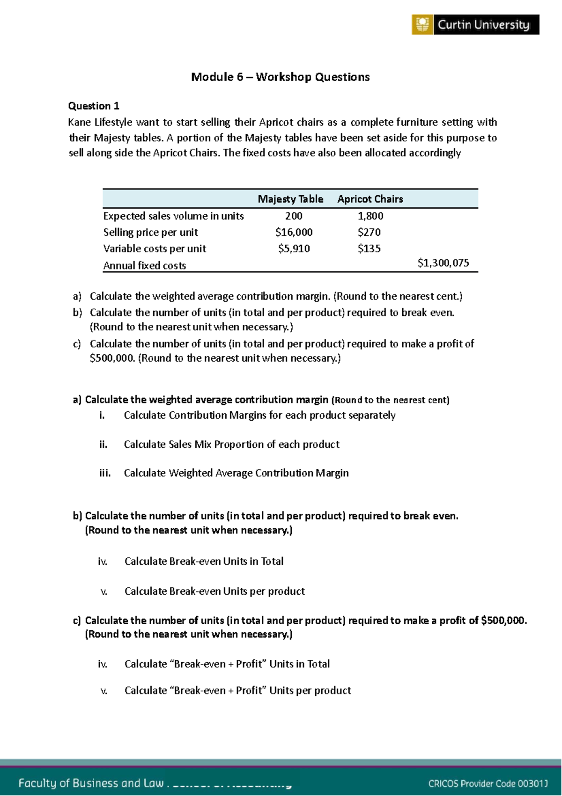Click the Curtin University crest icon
pos(422,24)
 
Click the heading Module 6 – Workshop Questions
pos(280,77)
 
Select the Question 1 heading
pos(94,106)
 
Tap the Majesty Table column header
pos(290,199)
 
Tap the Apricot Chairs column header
pos(370,199)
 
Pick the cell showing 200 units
pos(294,216)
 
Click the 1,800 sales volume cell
pos(370,216)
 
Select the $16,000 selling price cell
pos(294,232)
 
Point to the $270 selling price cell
pos(369,232)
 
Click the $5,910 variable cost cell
pos(294,248)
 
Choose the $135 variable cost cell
pos(369,248)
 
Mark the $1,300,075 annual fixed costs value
pos(443,263)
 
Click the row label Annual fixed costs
pos(145,266)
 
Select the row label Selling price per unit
pos(150,233)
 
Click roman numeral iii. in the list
pos(105,473)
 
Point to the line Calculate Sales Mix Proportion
pos(231,445)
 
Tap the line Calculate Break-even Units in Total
pos(204,562)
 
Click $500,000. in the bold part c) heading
pos(504,621)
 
